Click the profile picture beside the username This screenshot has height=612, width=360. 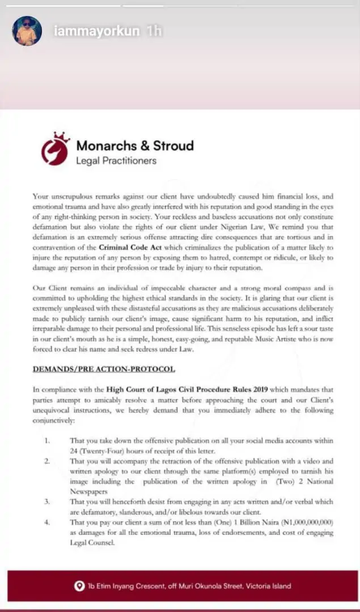coord(27,31)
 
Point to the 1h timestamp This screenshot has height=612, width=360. coord(153,31)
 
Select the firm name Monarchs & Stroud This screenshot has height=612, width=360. coord(135,146)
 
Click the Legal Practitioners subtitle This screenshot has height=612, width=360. coord(116,161)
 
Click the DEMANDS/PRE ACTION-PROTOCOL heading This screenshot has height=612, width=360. coord(103,369)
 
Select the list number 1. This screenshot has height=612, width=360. coord(47,440)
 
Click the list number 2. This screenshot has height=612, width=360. coord(47,461)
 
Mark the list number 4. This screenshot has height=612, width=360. coord(47,522)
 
